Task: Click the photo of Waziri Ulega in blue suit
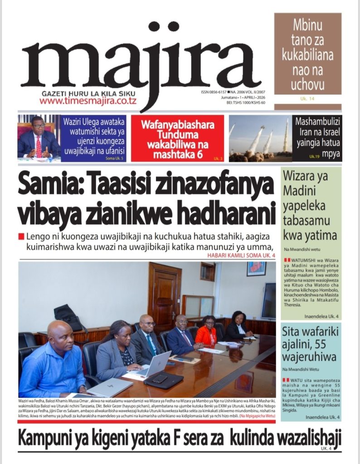[x=39, y=139]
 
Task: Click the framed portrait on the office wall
[x=256, y=269]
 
